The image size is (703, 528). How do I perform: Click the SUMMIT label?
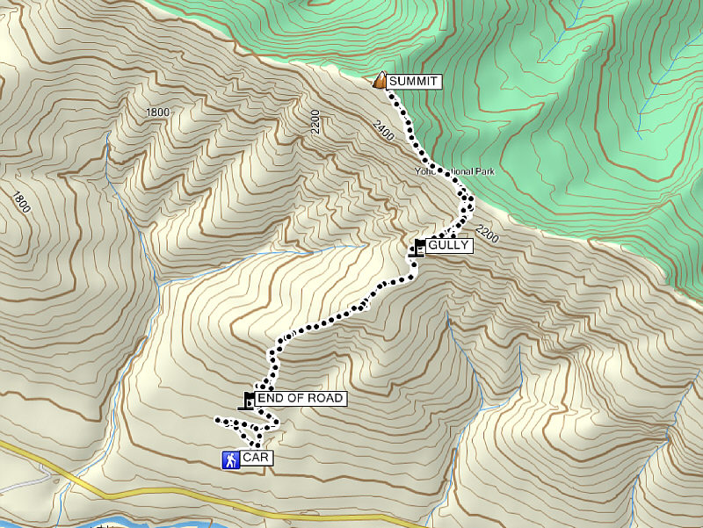(412, 82)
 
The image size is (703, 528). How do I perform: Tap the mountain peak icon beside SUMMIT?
(380, 81)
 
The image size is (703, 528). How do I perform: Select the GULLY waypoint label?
(449, 246)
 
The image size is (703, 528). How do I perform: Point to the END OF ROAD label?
(300, 399)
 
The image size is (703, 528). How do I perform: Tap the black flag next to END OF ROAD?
(249, 401)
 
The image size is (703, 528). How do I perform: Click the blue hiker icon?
(229, 459)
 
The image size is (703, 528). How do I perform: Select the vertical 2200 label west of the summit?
(316, 121)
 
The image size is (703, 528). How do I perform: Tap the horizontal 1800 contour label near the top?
(158, 112)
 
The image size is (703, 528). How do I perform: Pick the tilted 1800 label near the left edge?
(22, 203)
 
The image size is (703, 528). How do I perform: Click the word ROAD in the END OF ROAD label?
(325, 399)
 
